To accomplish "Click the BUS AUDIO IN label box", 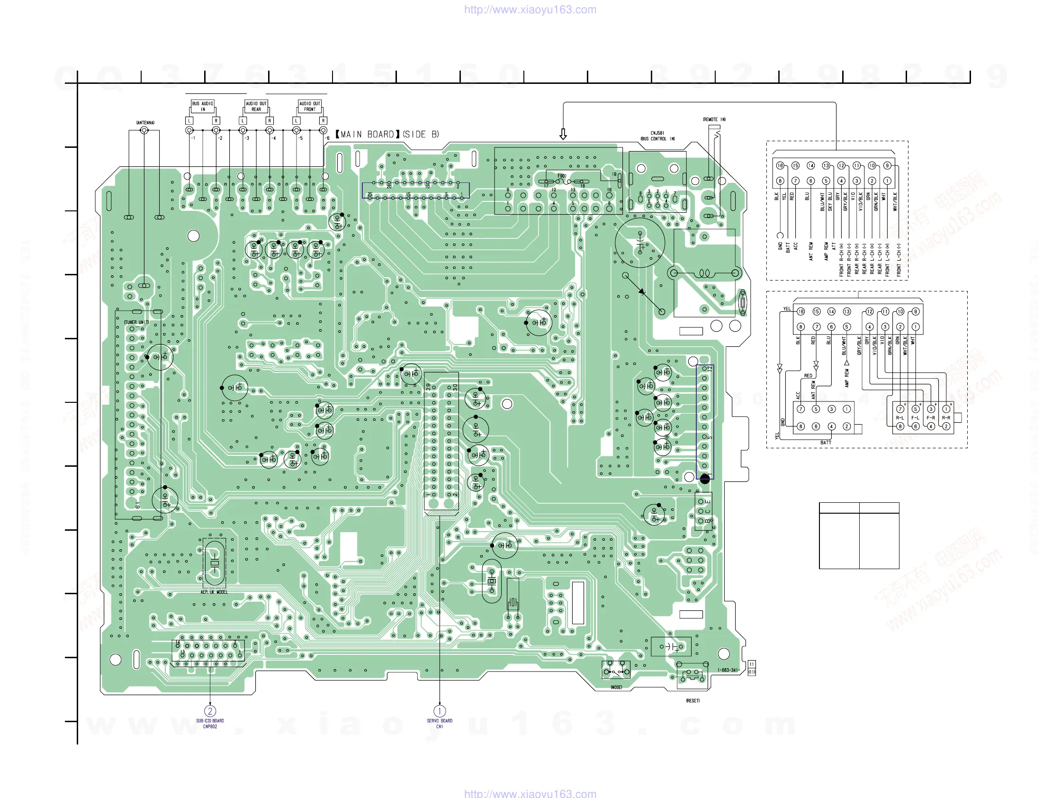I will click(202, 106).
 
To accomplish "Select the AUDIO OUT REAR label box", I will click(256, 106).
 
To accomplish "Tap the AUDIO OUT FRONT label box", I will click(309, 106).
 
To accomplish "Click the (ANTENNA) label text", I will click(145, 123).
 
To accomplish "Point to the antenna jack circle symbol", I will click(144, 130).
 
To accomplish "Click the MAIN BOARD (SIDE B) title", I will click(387, 135).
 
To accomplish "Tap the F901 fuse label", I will click(562, 176).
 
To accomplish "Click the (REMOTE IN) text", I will click(714, 119).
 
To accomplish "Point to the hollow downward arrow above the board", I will click(563, 134).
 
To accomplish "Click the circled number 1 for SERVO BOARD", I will click(440, 711).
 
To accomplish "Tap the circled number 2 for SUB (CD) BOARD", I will click(210, 711).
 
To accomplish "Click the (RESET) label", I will click(692, 700).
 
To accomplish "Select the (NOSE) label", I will click(616, 687).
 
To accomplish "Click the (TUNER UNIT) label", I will click(136, 322).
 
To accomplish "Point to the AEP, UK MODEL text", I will click(214, 592).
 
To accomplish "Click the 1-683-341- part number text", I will click(728, 671).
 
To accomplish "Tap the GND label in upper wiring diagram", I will click(781, 246).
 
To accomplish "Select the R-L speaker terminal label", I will click(900, 417).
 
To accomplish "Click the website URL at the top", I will click(530, 9).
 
